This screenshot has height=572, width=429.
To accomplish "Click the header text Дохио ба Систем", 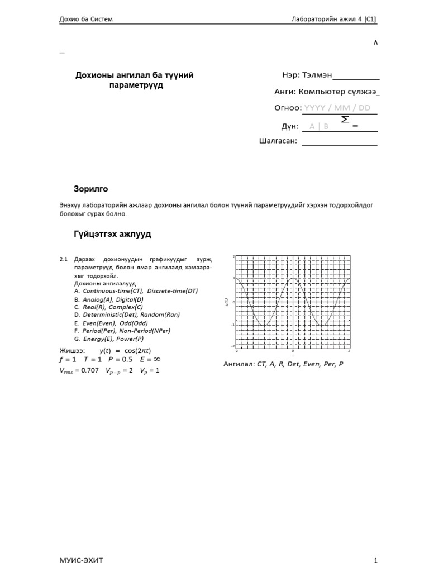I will pyautogui.click(x=86, y=19).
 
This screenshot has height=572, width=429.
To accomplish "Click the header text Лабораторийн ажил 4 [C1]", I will pyautogui.click(x=334, y=19).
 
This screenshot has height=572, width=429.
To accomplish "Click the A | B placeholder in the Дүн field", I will pyautogui.click(x=319, y=126).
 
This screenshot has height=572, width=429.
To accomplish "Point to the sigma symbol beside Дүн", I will pyautogui.click(x=345, y=120).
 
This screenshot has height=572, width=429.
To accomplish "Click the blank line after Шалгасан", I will pyautogui.click(x=339, y=142).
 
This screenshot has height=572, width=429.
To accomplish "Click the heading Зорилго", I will pyautogui.click(x=90, y=188).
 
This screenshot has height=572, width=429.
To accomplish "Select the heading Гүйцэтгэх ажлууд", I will pyautogui.click(x=112, y=233).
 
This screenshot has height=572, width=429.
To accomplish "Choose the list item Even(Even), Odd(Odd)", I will pyautogui.click(x=115, y=323).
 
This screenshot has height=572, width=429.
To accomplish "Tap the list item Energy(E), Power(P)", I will pyautogui.click(x=113, y=339).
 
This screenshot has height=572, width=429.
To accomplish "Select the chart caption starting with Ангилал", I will pyautogui.click(x=283, y=364).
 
